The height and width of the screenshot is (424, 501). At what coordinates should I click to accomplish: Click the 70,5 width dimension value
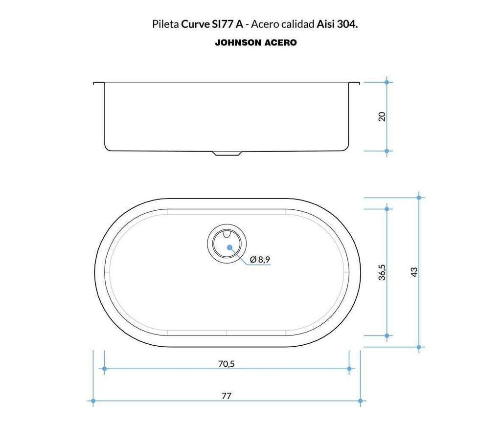tap(226, 363)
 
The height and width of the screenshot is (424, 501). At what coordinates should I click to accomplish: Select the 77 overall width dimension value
tap(226, 396)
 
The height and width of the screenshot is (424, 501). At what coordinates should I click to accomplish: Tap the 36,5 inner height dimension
tap(382, 272)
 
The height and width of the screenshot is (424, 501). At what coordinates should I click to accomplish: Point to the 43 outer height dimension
tap(414, 272)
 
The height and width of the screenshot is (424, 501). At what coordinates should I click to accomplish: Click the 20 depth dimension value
tap(382, 116)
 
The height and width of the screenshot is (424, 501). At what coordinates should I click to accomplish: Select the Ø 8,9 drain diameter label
tap(260, 259)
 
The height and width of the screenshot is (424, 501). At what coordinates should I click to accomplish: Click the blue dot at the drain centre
tap(229, 247)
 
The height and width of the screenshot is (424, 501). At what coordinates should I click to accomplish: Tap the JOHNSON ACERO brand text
tap(255, 43)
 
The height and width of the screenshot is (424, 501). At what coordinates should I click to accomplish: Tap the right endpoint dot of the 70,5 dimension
tap(349, 369)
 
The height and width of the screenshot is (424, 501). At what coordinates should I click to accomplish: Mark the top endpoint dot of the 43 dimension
tap(419, 198)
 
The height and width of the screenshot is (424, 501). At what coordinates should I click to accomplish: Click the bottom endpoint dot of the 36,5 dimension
tap(387, 335)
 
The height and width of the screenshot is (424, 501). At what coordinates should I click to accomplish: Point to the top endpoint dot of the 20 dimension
tap(387, 82)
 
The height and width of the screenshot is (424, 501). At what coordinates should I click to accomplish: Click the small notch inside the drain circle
tap(227, 235)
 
